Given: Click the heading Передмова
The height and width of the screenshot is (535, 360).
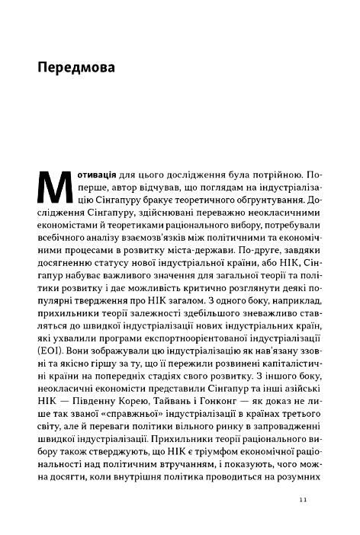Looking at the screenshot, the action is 76,69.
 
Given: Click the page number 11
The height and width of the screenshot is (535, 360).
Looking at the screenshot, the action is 303,500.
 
